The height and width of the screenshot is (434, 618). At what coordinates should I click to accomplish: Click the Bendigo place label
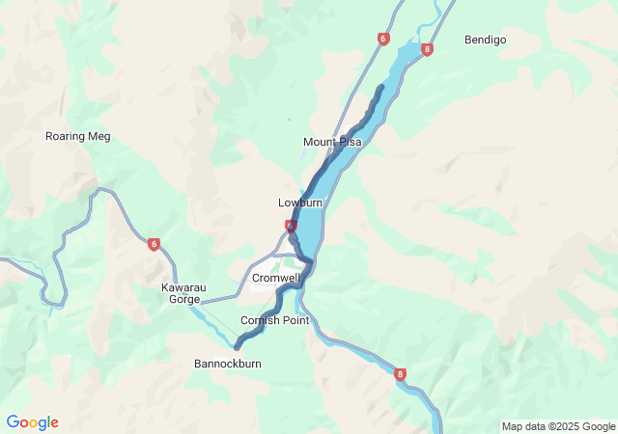tap(485, 40)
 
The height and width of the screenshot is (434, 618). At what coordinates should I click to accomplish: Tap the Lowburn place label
tap(300, 203)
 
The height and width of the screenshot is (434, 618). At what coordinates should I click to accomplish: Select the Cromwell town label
tap(276, 278)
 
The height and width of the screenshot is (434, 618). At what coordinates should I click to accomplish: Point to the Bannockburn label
tap(228, 364)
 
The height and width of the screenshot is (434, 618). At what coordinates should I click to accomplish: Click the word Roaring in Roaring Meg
tap(66, 136)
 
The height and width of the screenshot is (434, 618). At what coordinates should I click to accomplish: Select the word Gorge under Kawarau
tap(184, 300)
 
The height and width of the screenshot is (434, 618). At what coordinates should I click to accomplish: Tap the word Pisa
tap(349, 142)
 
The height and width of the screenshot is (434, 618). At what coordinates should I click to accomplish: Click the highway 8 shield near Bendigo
tap(427, 49)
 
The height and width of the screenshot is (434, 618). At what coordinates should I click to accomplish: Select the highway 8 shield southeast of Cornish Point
tap(400, 374)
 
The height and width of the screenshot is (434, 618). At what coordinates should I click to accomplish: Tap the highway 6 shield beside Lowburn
tap(290, 226)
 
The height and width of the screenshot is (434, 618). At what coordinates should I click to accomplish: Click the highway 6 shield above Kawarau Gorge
tap(154, 244)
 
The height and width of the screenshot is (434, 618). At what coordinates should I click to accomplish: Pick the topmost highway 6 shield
tap(383, 39)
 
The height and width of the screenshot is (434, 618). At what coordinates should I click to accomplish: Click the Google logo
tap(32, 422)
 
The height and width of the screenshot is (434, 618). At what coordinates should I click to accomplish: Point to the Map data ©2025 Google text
tap(557, 426)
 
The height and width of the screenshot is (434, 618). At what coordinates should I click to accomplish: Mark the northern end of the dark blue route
tap(381, 88)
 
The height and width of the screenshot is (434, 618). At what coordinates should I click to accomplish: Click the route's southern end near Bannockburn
tap(237, 346)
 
